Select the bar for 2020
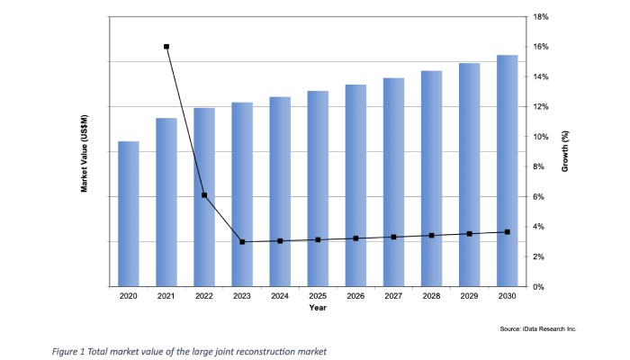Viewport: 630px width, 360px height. click(x=129, y=214)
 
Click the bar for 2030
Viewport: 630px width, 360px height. click(x=507, y=171)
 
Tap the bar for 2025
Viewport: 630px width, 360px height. click(x=318, y=189)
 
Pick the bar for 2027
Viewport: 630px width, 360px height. click(x=394, y=183)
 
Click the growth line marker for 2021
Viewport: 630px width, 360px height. click(x=166, y=47)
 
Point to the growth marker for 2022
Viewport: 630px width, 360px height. click(x=204, y=195)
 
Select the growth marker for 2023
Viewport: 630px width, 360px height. click(x=242, y=242)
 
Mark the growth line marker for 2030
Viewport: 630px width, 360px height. click(x=508, y=232)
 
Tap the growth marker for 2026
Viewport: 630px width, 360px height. click(x=356, y=238)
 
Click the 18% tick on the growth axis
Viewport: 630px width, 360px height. click(x=541, y=17)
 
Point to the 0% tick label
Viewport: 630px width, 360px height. click(x=539, y=287)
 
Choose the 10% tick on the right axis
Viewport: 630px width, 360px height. click(x=541, y=137)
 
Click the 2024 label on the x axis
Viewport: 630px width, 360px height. click(x=280, y=296)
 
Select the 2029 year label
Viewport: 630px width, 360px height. click(x=469, y=296)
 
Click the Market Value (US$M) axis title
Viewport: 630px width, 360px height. click(x=84, y=154)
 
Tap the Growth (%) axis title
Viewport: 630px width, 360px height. click(x=565, y=151)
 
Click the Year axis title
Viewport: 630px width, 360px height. click(x=318, y=308)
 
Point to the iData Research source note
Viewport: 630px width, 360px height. click(x=538, y=328)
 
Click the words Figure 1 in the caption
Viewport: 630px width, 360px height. click(x=68, y=352)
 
